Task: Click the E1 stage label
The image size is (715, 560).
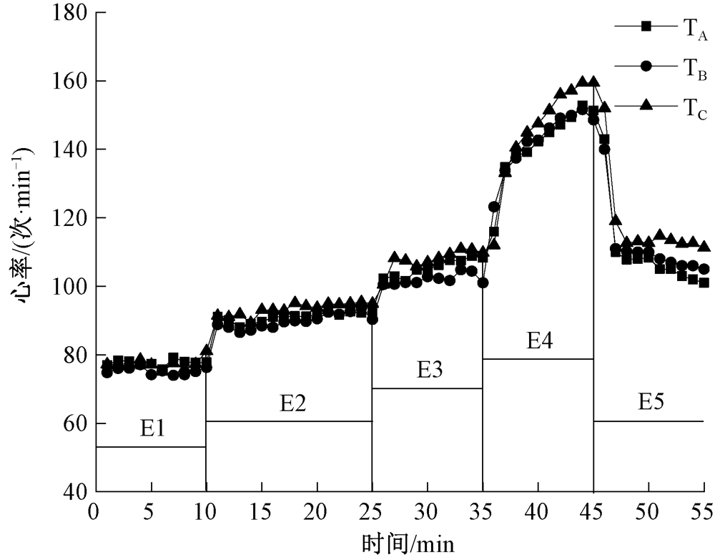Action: tap(152, 429)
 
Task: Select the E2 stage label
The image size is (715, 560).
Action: tap(293, 403)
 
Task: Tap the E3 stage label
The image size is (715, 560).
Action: tap(430, 370)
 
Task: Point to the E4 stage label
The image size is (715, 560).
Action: tap(541, 342)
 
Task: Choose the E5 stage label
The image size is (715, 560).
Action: tap(651, 403)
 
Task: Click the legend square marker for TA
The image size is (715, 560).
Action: tap(646, 26)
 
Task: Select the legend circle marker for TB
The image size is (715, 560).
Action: tap(646, 65)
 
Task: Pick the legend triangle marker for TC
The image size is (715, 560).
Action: tap(646, 104)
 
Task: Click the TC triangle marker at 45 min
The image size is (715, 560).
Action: tap(593, 82)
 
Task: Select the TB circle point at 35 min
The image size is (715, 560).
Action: tap(483, 283)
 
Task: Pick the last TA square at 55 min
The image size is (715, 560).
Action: tap(704, 283)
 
